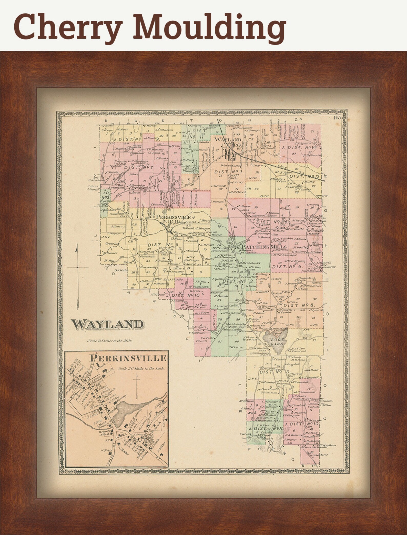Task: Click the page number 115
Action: pyautogui.click(x=337, y=118)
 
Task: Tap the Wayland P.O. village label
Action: pyautogui.click(x=228, y=142)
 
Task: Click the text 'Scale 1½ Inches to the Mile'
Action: pyautogui.click(x=110, y=341)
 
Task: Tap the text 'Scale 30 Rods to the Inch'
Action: pyautogui.click(x=141, y=368)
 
